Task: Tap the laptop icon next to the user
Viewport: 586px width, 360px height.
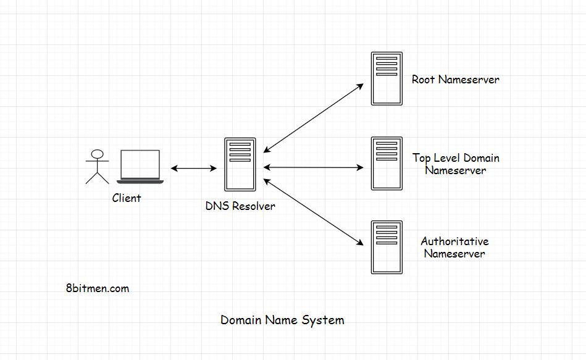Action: pyautogui.click(x=140, y=166)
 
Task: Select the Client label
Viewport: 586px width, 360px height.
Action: pyautogui.click(x=127, y=198)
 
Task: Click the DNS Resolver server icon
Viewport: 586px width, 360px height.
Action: pyautogui.click(x=240, y=164)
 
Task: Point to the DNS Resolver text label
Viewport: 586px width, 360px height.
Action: pyautogui.click(x=240, y=206)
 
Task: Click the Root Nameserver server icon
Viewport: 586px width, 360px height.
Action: pyautogui.click(x=387, y=78)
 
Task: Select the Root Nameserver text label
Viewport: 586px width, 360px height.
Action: pyautogui.click(x=456, y=80)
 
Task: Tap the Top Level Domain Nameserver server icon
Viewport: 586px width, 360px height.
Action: pyautogui.click(x=387, y=164)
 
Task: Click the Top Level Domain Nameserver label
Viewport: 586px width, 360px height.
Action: pyautogui.click(x=456, y=164)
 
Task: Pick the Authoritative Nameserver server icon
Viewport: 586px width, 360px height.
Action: pyautogui.click(x=387, y=247)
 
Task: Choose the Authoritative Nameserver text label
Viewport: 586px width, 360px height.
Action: pyautogui.click(x=454, y=248)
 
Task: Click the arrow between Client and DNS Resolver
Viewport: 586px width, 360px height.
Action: pyautogui.click(x=193, y=168)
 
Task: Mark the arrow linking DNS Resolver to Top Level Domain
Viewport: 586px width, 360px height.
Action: pyautogui.click(x=314, y=167)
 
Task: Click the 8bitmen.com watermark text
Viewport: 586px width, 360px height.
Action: pyautogui.click(x=97, y=288)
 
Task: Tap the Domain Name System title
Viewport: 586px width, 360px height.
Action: pyautogui.click(x=282, y=320)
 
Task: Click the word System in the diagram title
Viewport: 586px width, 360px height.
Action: pyautogui.click(x=323, y=320)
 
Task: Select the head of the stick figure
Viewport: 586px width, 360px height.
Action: pyautogui.click(x=96, y=154)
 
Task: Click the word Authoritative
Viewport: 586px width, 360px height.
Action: pyautogui.click(x=454, y=241)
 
